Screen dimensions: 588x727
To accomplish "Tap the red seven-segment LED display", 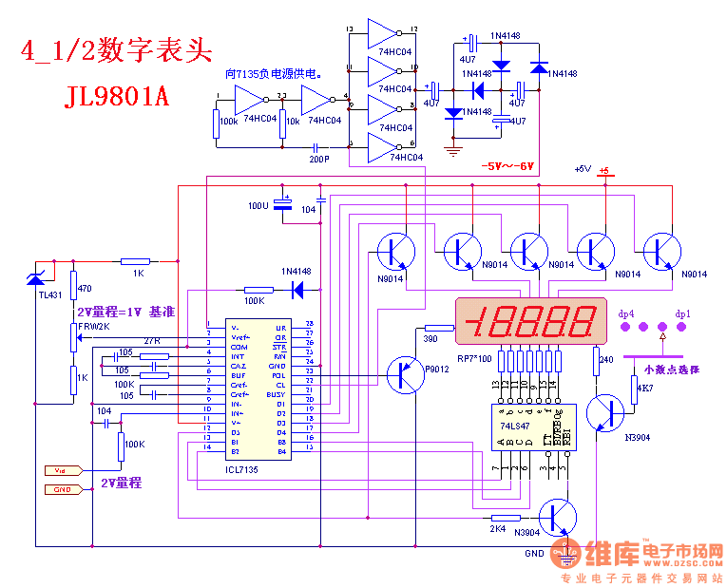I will coord(531,322).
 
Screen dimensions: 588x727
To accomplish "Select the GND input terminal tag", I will coord(63,489).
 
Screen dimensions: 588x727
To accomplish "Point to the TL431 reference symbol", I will coord(35,278).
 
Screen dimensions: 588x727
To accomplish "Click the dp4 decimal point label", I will coord(626,313).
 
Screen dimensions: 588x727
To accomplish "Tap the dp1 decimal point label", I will coord(683,313).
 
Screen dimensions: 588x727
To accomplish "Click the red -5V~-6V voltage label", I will coord(507,167).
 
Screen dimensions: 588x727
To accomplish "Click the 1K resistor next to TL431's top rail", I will coord(136,261).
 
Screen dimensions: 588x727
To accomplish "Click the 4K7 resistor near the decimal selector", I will coord(634,388).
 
